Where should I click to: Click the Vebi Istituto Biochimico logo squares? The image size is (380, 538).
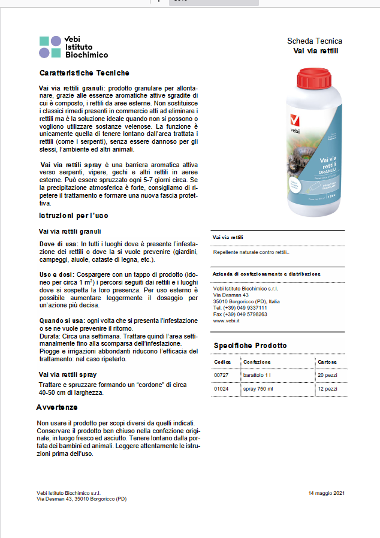pos(50,47)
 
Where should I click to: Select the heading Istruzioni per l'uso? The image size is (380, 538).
pos(74,215)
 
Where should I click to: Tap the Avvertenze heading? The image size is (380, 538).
pos(57,407)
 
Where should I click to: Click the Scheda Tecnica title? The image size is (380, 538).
pos(315,41)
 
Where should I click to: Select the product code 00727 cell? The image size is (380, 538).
pos(222,375)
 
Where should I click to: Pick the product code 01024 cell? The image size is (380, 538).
pos(222,389)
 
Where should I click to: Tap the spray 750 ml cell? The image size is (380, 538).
pos(258,389)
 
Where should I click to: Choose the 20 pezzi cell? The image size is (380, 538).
pos(327,375)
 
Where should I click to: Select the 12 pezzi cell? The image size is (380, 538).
pos(327,389)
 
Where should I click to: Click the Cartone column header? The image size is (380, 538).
pos(327,362)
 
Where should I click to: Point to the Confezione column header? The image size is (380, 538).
pos(257,362)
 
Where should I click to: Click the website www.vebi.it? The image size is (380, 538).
pos(227,321)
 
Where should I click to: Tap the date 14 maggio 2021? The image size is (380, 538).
pos(327,492)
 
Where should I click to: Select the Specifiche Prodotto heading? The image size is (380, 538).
pos(250,346)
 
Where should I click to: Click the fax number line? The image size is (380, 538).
pos(240,314)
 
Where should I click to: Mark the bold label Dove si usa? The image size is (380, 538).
pos(58,244)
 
